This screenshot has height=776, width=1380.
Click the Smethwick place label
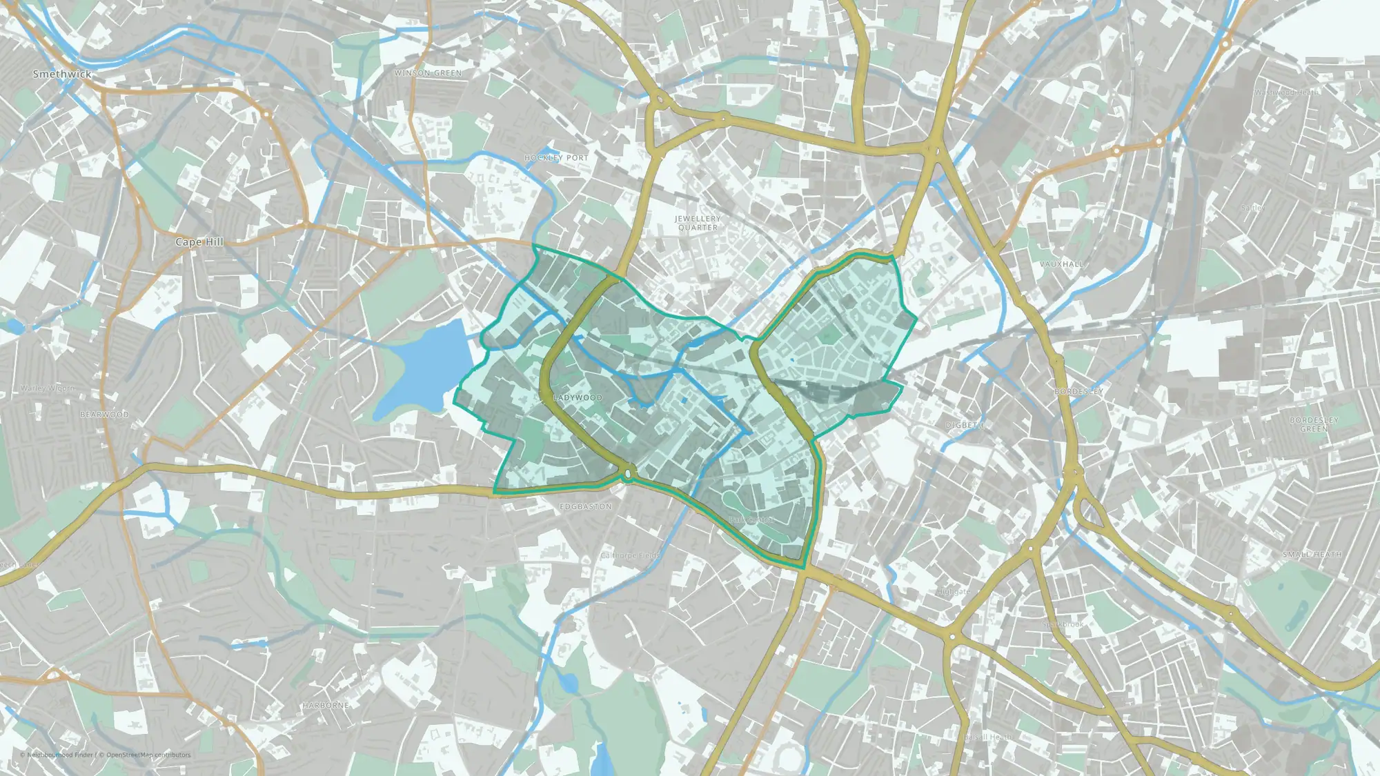pos(61,74)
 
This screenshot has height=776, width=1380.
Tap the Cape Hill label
pos(199,242)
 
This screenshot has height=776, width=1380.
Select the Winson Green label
pos(428,73)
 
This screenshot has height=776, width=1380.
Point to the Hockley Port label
pos(556,158)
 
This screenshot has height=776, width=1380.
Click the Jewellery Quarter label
pos(698,223)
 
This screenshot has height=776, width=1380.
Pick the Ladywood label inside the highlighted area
pos(578,398)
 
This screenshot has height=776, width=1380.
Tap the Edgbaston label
pos(585,507)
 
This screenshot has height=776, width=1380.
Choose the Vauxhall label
pos(1062,264)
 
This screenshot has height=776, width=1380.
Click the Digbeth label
pos(964,426)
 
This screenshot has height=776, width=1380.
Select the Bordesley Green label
pos(1314,424)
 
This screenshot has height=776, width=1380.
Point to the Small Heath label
pos(1312,555)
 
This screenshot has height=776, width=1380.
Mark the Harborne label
pos(326,706)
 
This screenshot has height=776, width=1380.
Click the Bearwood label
pos(104,415)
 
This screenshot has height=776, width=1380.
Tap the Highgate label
pos(954,592)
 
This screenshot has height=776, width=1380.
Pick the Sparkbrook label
pos(1063,624)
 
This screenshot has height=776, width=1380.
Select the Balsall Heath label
pos(987,737)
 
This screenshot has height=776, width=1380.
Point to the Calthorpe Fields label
pos(630,555)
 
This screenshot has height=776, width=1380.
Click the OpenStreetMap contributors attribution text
pos(148,755)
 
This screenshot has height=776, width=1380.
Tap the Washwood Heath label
pos(1285,92)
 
